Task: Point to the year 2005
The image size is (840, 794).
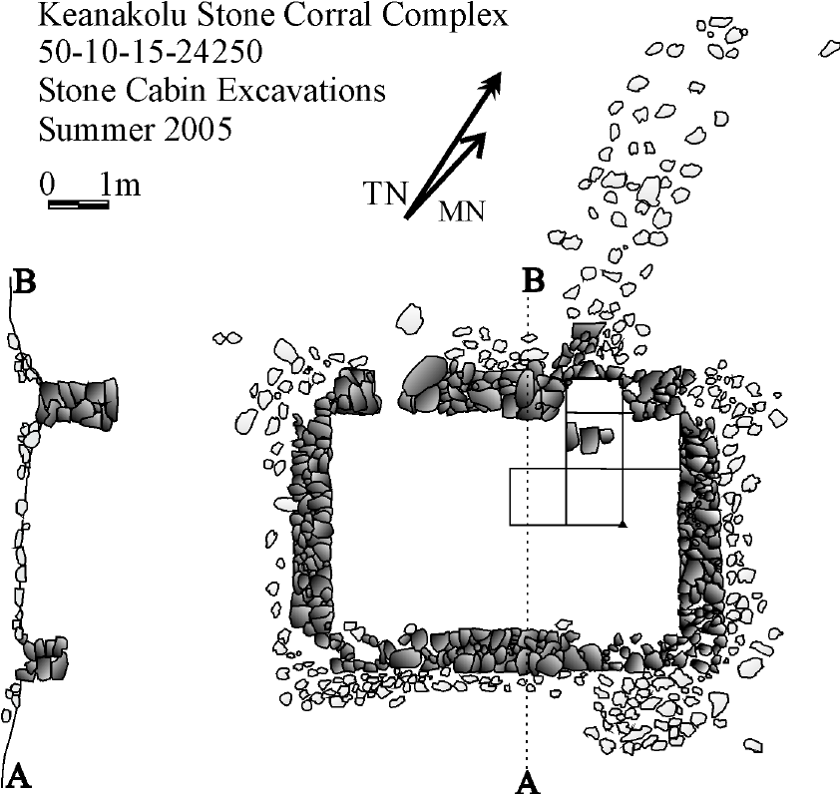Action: pyautogui.click(x=195, y=130)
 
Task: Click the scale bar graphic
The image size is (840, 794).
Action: pyautogui.click(x=78, y=204)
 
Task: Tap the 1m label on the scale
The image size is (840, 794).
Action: pyautogui.click(x=121, y=186)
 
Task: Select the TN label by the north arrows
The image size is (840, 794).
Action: pyautogui.click(x=384, y=194)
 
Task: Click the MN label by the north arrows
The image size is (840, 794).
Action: pyautogui.click(x=461, y=211)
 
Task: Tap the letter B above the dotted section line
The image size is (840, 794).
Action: pyautogui.click(x=535, y=282)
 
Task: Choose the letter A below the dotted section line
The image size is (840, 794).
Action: pyautogui.click(x=528, y=780)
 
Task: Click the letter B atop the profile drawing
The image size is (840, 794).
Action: pyautogui.click(x=25, y=282)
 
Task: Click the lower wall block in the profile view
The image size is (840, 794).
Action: pyautogui.click(x=44, y=657)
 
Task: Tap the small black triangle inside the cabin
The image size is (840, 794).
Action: pyautogui.click(x=623, y=522)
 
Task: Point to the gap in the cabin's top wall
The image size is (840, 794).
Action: pyautogui.click(x=390, y=389)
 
